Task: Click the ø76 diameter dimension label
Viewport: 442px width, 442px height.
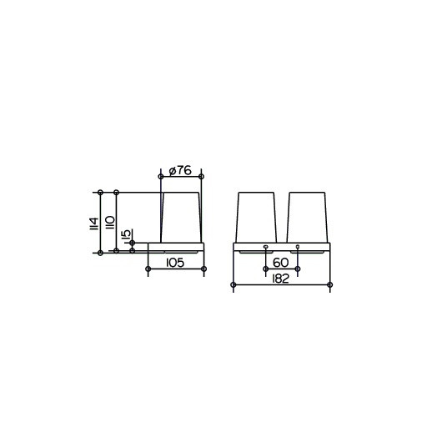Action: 180,170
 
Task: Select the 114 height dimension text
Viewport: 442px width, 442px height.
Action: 94,224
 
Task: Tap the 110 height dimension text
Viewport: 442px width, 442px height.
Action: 110,223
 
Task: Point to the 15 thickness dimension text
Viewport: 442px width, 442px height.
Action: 127,234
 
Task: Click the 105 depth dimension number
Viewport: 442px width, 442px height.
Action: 175,263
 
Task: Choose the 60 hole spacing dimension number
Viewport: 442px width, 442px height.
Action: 281,263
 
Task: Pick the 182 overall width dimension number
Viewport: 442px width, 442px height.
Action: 281,279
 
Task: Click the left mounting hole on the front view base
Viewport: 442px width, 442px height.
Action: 265,247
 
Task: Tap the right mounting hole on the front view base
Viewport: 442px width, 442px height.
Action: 298,247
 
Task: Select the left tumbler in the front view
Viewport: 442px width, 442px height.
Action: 256,218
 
